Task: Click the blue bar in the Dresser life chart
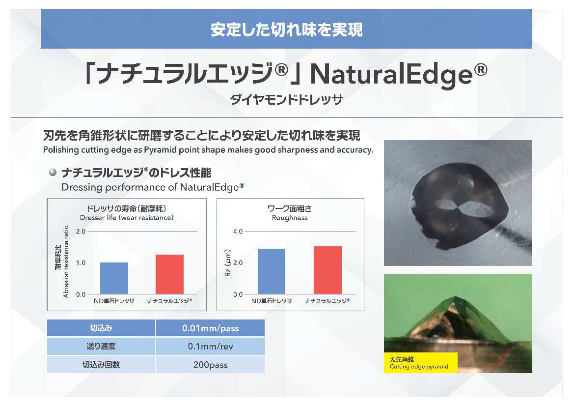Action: coord(114,278)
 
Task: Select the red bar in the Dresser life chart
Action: coord(169,274)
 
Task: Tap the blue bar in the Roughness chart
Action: coord(272,271)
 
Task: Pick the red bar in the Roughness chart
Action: coord(328,270)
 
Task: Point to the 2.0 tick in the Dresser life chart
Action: coord(81,232)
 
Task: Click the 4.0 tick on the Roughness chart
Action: coord(238,232)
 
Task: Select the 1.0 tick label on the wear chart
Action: coord(81,263)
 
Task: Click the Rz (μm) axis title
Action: coord(228,263)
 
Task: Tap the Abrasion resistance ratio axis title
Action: coord(66,261)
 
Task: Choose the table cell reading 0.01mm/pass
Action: coord(211,328)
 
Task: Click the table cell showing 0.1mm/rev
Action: coord(211,346)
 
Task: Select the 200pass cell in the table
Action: coord(211,365)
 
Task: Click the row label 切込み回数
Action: coord(101,365)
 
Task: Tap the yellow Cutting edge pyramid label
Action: coord(421,363)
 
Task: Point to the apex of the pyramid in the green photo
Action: coord(455,296)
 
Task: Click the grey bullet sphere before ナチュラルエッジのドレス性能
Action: coord(53,172)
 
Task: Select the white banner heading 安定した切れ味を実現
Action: coord(287,29)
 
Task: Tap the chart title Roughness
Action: coord(290,218)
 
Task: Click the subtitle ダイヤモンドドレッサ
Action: coord(287,100)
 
